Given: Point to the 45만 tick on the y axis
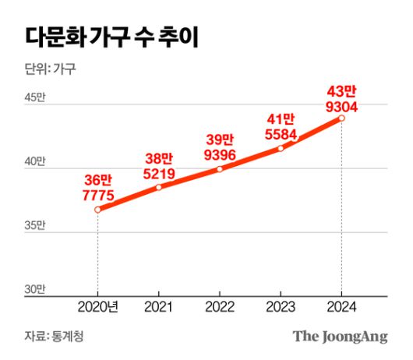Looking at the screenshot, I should coord(36,99).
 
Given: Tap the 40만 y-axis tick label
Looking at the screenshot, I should coord(36,162).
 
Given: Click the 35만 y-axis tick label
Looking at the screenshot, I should coord(36,226).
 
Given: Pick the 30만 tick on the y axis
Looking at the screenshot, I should coord(36,289).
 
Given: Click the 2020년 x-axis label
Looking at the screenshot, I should coord(97,307).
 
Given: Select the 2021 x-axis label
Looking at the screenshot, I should coord(159,307).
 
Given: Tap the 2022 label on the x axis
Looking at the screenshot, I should coord(220,307).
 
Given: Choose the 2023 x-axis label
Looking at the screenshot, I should coord(281,307).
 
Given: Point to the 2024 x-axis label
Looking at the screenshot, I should coord(341,307).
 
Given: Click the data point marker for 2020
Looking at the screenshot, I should coord(97,210).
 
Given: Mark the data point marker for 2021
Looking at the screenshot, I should coord(159,187).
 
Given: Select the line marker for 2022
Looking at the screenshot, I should coord(220,169).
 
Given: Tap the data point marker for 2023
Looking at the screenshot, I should coord(281,148).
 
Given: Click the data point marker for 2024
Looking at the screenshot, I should coord(341,118).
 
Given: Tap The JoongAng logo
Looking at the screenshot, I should coord(339,337).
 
